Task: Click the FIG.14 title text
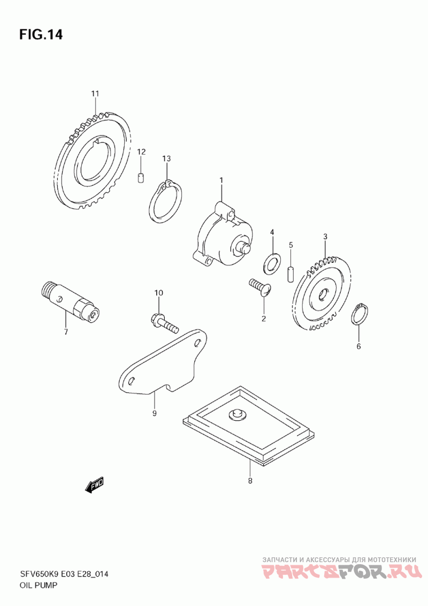pyautogui.click(x=41, y=35)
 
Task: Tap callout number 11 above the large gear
pyautogui.click(x=95, y=94)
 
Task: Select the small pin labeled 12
pyautogui.click(x=141, y=178)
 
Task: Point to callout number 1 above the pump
pyautogui.click(x=221, y=180)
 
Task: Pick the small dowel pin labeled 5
pyautogui.click(x=291, y=274)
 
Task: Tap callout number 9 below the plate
pyautogui.click(x=154, y=413)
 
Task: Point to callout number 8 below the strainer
pyautogui.click(x=250, y=481)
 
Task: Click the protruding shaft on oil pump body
pyautogui.click(x=243, y=246)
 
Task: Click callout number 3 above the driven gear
pyautogui.click(x=325, y=236)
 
